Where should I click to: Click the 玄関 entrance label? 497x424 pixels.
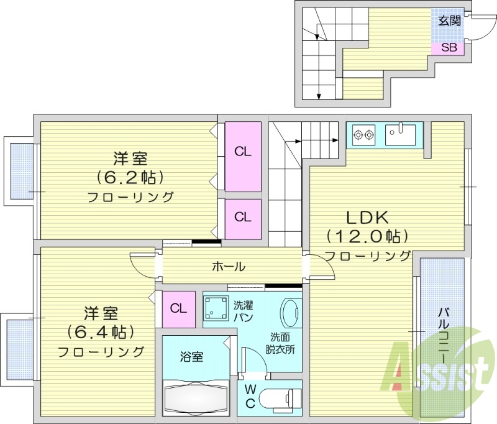click(x=449, y=21)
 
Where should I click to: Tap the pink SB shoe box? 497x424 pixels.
click(x=449, y=47)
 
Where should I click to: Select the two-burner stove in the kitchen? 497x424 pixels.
click(x=363, y=133)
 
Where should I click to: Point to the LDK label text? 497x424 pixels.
click(x=367, y=218)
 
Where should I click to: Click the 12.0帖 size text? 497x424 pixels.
click(x=368, y=236)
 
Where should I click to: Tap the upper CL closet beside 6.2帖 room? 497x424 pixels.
click(x=242, y=152)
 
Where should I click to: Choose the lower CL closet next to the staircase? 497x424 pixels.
click(x=242, y=217)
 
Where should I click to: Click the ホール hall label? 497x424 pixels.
click(x=228, y=267)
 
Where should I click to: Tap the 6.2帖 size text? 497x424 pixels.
click(x=130, y=178)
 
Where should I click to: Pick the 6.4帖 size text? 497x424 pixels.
click(x=102, y=332)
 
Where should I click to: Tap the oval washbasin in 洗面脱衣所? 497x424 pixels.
click(x=291, y=314)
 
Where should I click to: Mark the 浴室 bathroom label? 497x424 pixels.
click(x=192, y=357)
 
